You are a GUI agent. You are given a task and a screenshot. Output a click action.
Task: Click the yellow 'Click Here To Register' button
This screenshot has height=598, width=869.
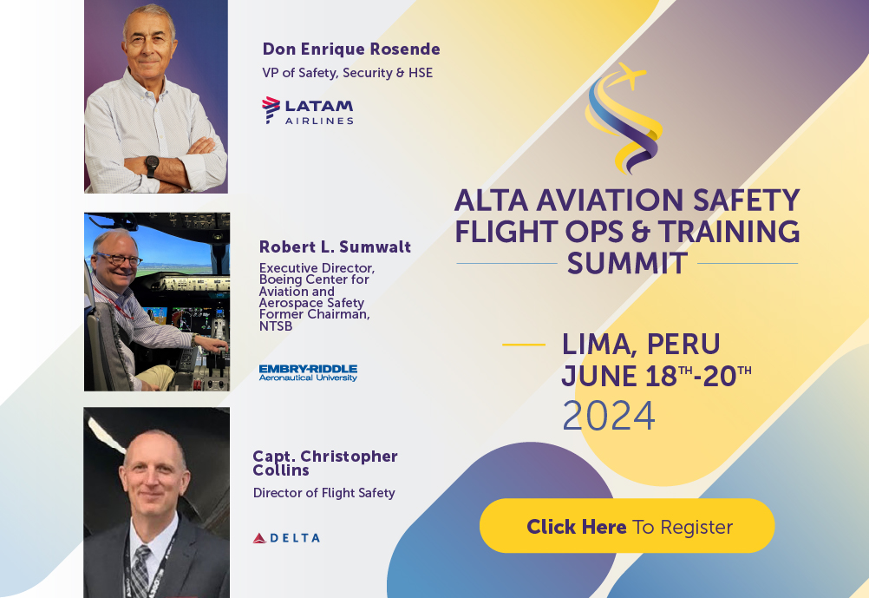point(627,526)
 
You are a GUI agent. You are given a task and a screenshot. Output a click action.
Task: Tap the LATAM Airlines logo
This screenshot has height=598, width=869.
point(308,110)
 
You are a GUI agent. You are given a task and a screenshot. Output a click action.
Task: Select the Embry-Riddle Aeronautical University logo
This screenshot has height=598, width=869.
point(308,372)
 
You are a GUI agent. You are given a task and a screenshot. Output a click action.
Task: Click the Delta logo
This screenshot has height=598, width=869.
point(286,538)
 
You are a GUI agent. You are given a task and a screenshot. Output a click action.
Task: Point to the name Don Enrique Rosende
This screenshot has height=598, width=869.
point(351,49)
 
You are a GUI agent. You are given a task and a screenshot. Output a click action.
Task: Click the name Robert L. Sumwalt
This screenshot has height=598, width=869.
point(335,247)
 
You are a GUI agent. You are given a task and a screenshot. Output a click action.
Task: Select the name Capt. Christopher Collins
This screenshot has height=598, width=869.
point(325,463)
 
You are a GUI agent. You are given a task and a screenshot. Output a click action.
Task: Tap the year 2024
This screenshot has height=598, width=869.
point(609,416)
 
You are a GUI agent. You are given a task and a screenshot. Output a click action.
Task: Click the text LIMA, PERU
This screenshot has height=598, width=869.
point(641,344)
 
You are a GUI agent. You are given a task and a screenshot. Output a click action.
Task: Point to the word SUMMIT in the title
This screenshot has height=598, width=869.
point(627,264)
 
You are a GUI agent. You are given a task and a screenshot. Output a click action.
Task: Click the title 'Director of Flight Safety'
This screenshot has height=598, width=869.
point(323,493)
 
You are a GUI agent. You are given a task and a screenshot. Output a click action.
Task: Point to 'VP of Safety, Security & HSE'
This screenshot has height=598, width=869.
point(347,73)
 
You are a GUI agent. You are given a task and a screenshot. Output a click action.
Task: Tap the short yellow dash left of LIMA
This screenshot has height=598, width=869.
point(524,345)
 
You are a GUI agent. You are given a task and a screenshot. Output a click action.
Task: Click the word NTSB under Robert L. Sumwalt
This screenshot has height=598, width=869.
point(276,326)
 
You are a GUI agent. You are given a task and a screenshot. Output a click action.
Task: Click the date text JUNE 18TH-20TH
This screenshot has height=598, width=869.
point(656,377)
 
